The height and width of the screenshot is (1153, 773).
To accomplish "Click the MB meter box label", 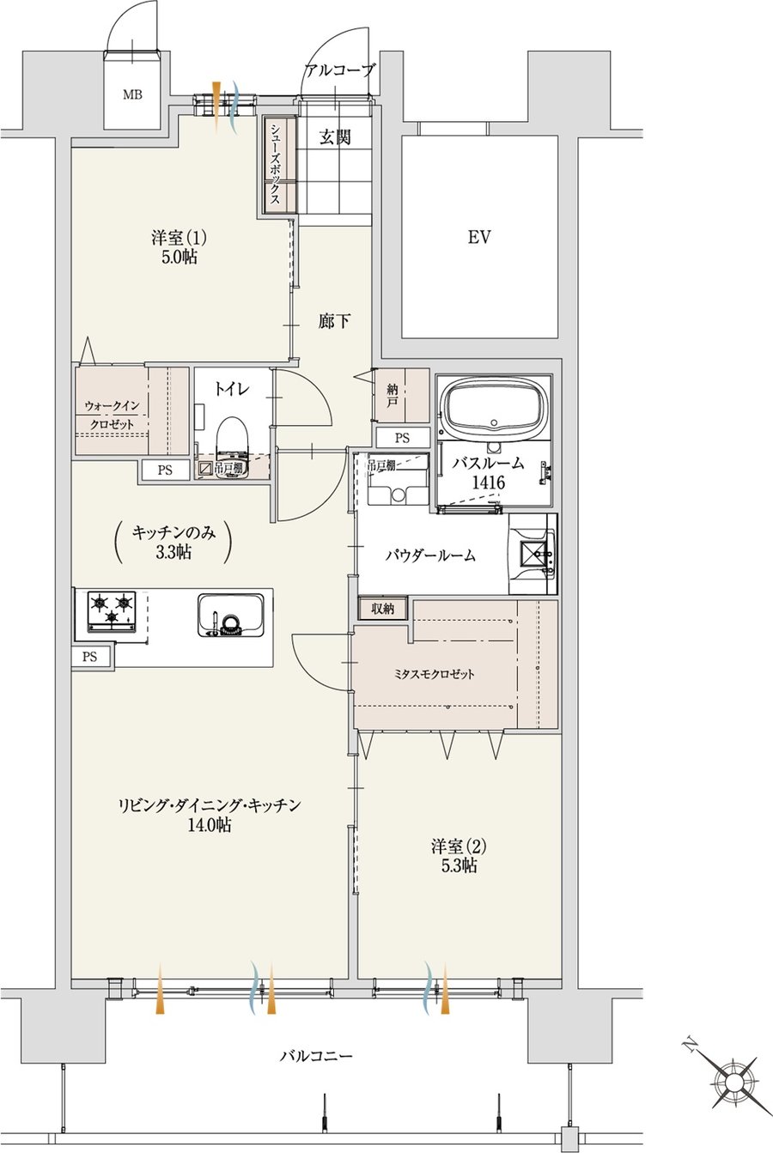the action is pos(132,94).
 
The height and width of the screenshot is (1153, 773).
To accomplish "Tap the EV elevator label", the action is pos(479,237).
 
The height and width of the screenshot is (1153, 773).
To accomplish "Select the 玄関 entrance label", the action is pos(335,137).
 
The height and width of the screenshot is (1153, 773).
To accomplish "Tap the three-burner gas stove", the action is pos(112,611).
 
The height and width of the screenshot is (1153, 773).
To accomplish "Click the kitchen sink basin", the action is pos(231,615).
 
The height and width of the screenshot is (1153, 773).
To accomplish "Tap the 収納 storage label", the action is pos(383,609).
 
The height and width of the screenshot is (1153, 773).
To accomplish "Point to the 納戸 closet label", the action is pos(392,395).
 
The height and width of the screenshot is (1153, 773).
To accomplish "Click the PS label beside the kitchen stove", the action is pos(89,656).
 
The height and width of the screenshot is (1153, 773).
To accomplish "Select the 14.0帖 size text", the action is pos(209,824).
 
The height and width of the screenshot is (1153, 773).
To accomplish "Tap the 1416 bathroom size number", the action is pos(488,482).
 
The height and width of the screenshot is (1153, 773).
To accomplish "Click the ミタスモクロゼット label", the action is pos(434,674).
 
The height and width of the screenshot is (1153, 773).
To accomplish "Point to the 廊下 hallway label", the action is pos(334,322).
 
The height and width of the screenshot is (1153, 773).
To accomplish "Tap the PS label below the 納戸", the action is pos(402,438).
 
